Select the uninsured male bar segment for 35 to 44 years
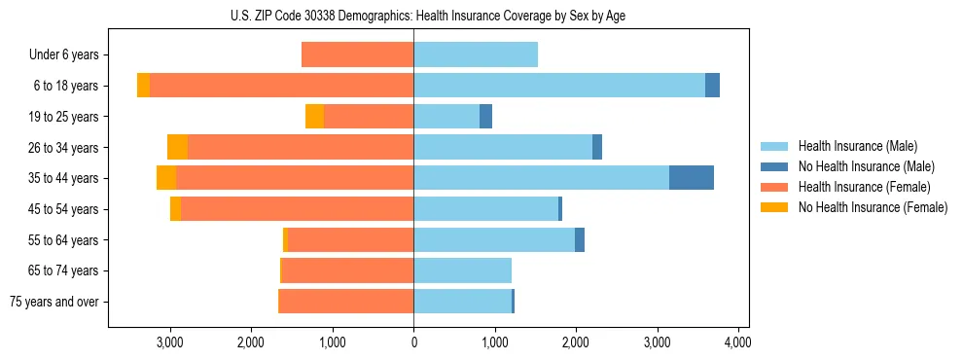692,178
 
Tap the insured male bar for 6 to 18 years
559,86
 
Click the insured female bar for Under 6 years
357,54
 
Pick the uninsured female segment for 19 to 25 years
314,117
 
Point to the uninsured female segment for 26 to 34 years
177,147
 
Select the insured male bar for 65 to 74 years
462,270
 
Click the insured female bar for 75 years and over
346,302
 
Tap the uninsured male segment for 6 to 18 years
712,86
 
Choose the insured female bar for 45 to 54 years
297,209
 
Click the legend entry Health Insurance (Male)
856,146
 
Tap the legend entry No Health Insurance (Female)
873,207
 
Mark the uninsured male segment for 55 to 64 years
580,240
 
